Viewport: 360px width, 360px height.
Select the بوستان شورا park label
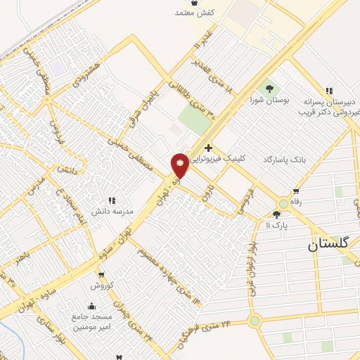pos(270,101)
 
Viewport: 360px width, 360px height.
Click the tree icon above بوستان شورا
pos(270,89)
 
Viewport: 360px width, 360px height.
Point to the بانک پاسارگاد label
pos(286,160)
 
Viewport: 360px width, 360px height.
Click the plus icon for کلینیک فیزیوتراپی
pos(208,148)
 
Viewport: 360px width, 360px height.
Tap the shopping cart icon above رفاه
pos(296,190)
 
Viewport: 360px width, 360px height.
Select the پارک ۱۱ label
pos(278,225)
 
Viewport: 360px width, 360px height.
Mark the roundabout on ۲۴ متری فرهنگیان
pos(254,321)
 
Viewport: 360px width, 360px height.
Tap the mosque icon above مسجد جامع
pos(92,306)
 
